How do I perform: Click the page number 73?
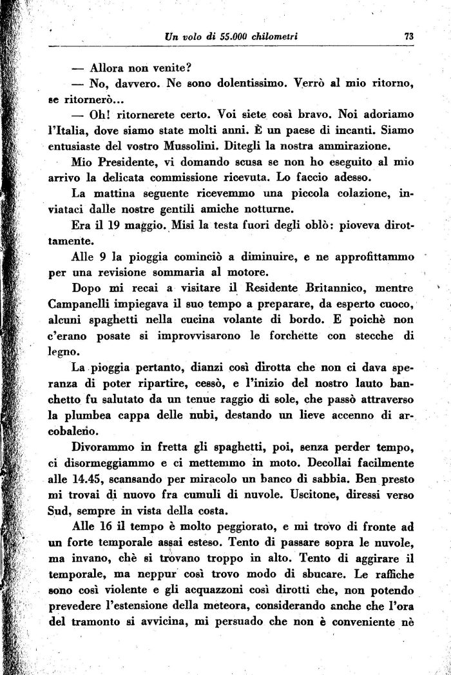coord(408,37)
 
